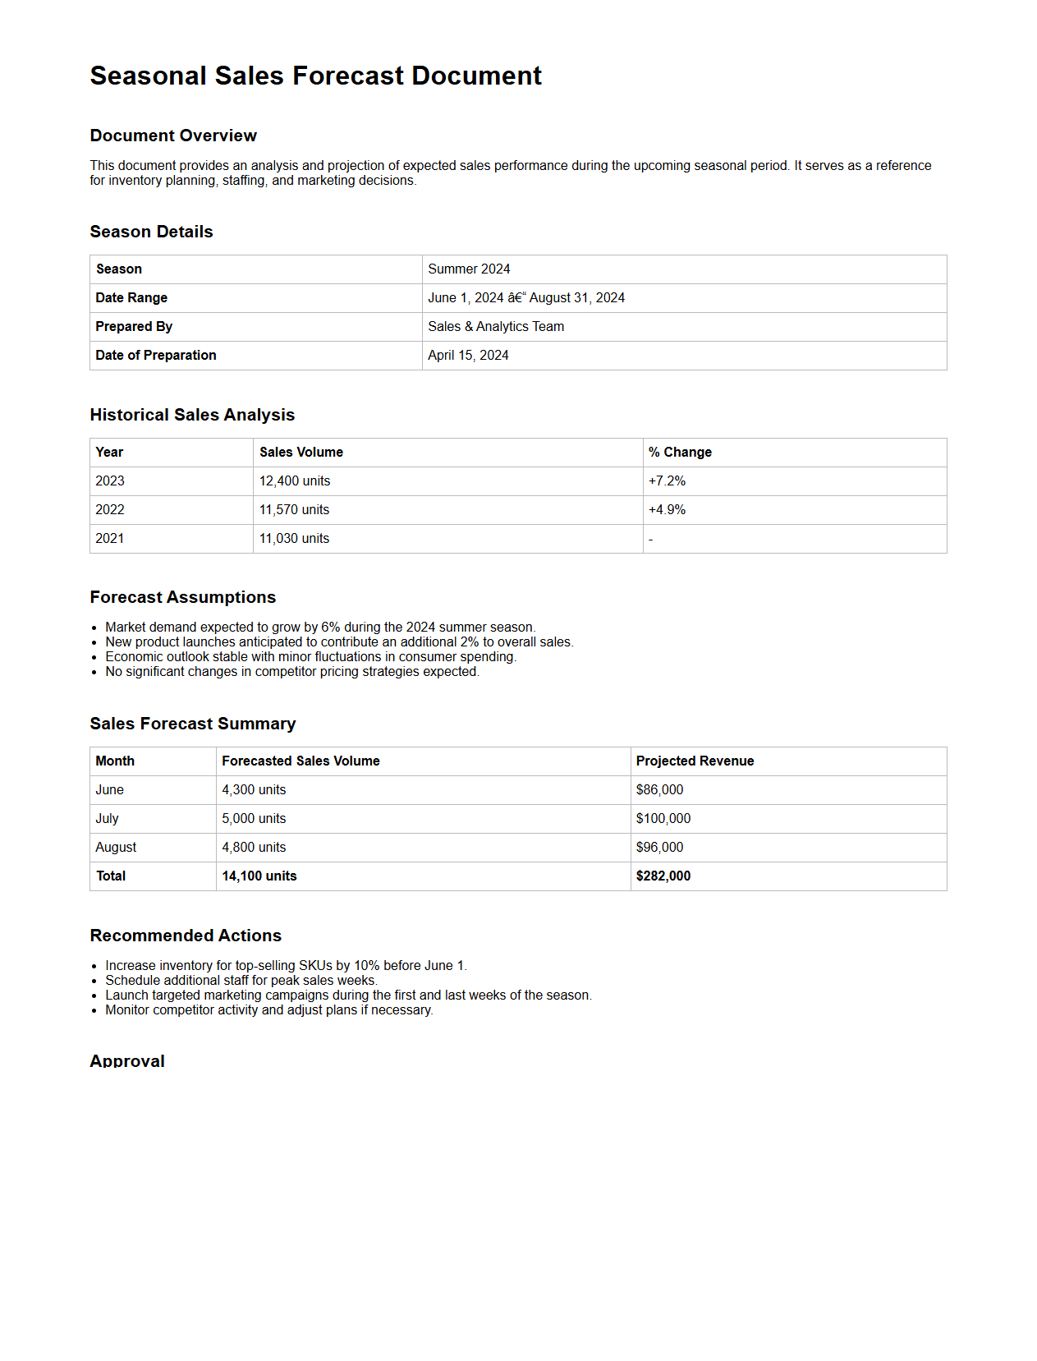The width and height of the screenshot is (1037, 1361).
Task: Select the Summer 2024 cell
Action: click(x=469, y=269)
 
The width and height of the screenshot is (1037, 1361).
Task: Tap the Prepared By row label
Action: click(x=134, y=327)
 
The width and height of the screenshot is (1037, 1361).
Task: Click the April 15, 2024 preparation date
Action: click(x=468, y=356)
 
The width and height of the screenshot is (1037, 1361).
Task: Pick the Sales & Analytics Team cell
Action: click(x=496, y=327)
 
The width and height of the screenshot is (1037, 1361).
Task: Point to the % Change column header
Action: click(x=680, y=453)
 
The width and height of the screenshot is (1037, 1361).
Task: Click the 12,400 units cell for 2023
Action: click(x=295, y=481)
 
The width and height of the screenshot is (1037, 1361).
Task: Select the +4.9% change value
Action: click(x=667, y=510)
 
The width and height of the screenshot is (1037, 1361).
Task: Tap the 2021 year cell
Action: click(x=110, y=539)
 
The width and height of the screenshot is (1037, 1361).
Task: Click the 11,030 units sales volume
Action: click(x=294, y=539)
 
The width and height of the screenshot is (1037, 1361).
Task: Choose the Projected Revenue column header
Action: click(x=695, y=761)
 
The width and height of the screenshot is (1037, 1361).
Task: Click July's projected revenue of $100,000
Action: click(x=663, y=819)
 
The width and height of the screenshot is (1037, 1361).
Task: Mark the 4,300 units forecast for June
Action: click(x=254, y=790)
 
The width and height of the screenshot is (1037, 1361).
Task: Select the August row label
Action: click(x=116, y=848)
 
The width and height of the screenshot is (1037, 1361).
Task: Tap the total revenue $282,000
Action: click(x=663, y=876)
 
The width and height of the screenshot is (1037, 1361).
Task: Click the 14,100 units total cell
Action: click(x=259, y=876)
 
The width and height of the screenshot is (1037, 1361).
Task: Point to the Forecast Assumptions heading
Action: click(x=183, y=598)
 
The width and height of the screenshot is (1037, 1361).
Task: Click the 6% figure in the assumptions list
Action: click(x=330, y=628)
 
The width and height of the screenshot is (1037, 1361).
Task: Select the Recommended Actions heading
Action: click(x=186, y=936)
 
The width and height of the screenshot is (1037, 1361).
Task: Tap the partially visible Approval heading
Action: click(x=127, y=1060)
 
